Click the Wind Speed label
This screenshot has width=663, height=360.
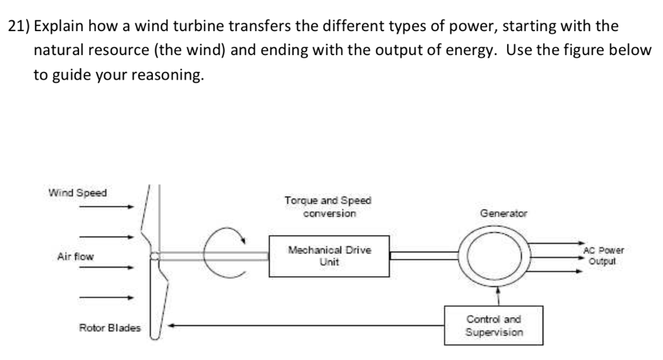click(x=78, y=192)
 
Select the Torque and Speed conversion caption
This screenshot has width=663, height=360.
click(x=329, y=207)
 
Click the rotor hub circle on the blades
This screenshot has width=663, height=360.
click(x=154, y=256)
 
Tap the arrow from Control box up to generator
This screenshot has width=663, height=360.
click(x=497, y=295)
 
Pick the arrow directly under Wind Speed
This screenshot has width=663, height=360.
click(x=107, y=207)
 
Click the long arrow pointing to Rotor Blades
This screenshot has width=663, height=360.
click(x=304, y=327)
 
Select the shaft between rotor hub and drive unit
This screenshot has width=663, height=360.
click(x=214, y=256)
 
